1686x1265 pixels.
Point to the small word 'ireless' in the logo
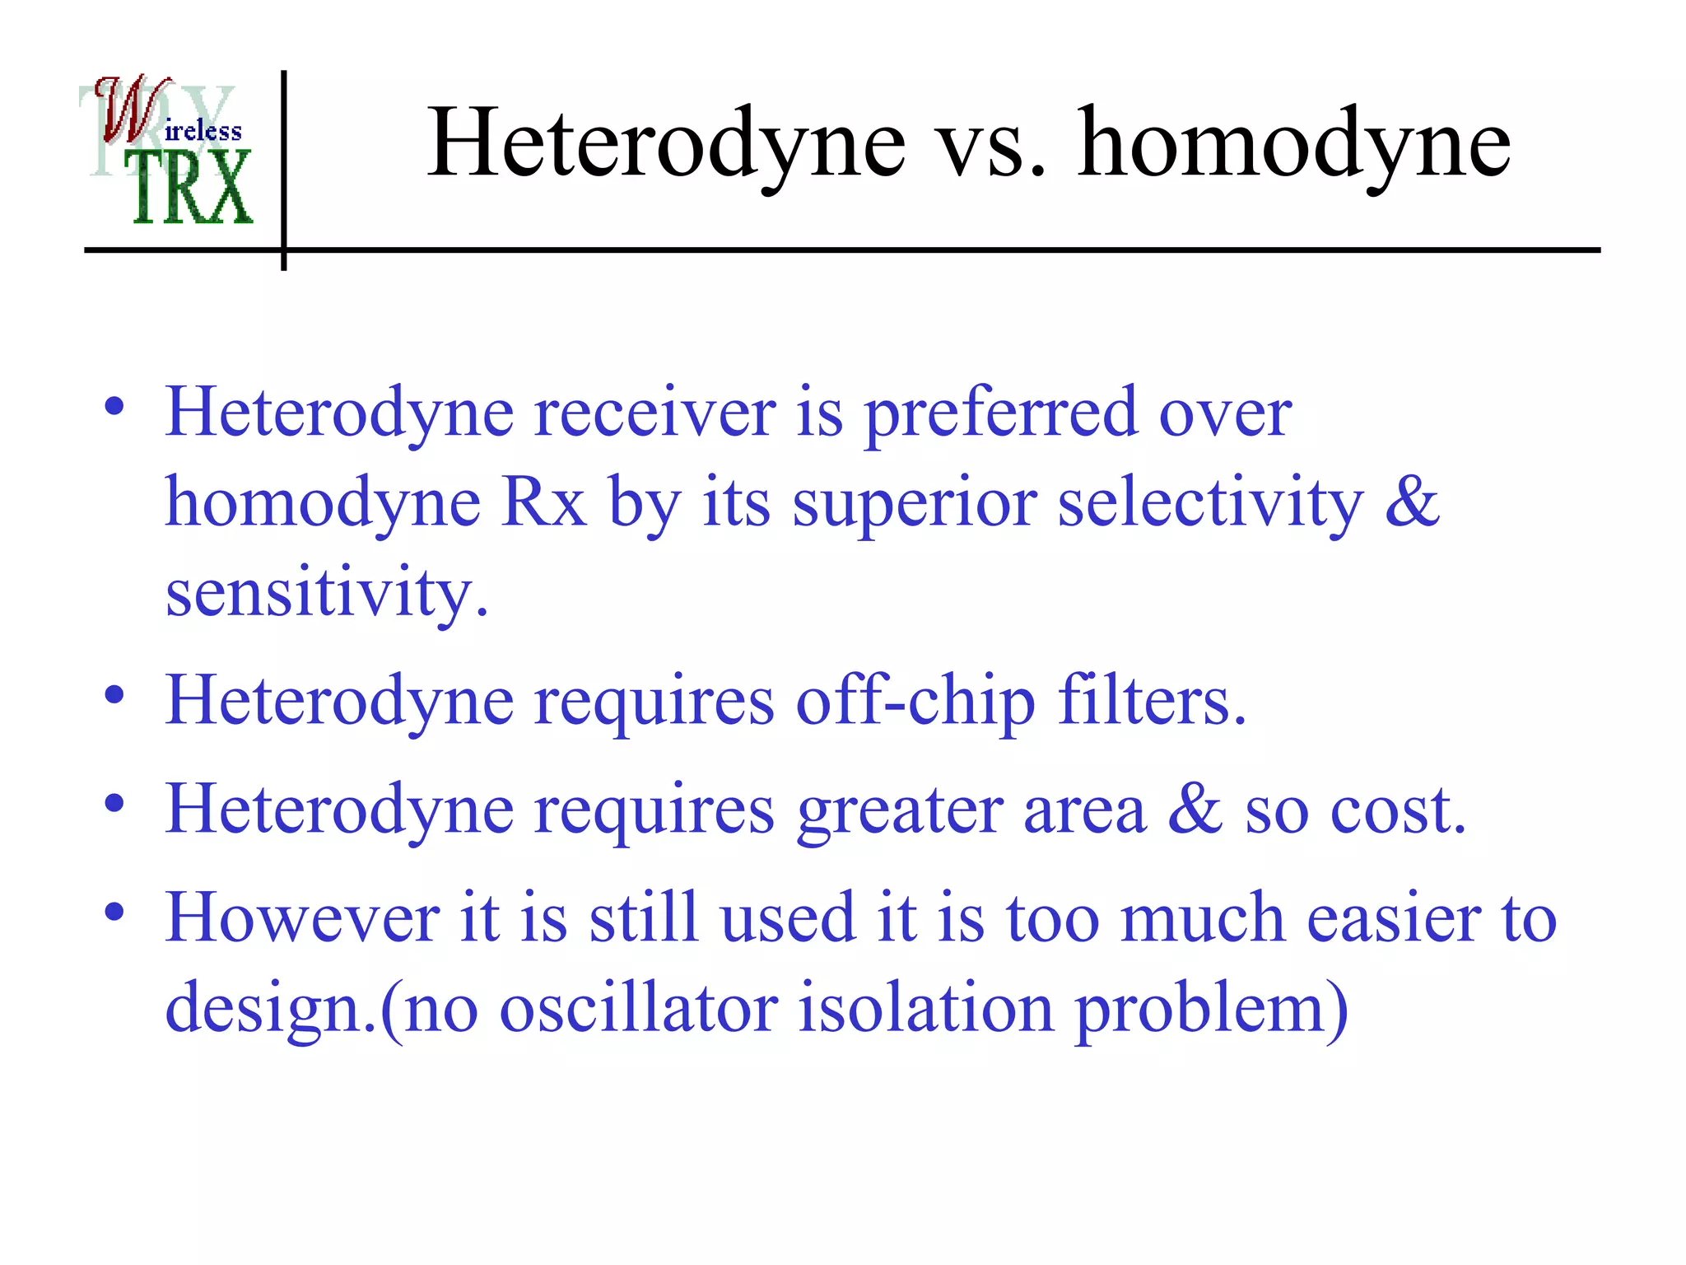point(203,132)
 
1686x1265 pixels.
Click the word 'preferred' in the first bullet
point(1000,414)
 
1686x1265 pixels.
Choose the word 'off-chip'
point(914,702)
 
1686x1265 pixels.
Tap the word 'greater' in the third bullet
point(900,812)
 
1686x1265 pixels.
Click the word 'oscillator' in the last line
point(638,1008)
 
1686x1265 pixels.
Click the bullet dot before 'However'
point(114,913)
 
